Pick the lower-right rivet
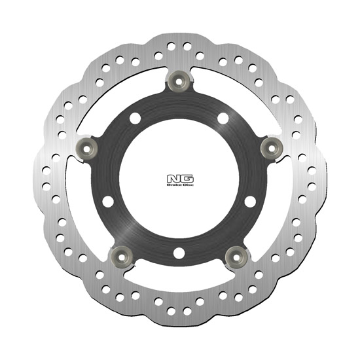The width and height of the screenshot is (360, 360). tap(236, 255)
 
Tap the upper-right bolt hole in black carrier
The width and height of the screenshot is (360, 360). tap(223, 118)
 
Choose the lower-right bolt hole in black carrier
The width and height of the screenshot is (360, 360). tap(249, 201)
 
